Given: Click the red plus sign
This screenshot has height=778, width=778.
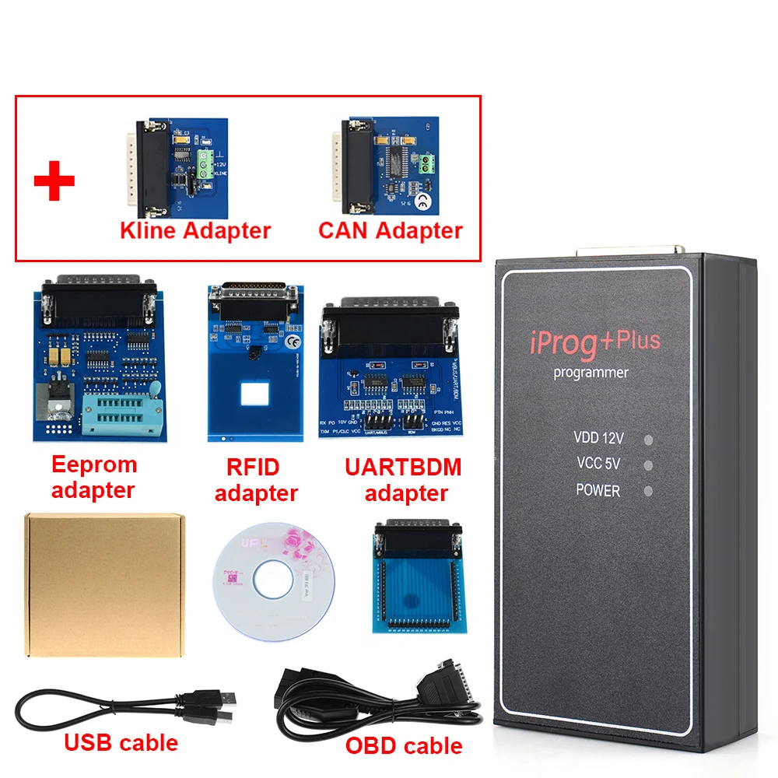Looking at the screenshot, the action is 54,180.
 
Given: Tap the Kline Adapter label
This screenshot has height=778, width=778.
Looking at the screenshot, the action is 195,230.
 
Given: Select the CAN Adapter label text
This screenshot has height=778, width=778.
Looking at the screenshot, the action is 391,230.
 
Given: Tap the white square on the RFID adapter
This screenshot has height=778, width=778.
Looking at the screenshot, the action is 254,395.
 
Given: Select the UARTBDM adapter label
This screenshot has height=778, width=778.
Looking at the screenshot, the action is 403,480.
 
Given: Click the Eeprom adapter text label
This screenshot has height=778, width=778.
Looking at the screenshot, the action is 93,477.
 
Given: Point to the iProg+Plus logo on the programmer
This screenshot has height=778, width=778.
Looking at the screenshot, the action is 596,342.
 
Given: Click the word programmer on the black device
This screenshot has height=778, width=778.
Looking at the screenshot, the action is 591,373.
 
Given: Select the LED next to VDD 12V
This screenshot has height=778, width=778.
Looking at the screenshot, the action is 647,440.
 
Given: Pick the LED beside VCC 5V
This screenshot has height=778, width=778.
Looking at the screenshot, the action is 647,465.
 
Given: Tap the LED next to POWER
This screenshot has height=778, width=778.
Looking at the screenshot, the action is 647,491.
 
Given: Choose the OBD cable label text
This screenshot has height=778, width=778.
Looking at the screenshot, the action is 404,745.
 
